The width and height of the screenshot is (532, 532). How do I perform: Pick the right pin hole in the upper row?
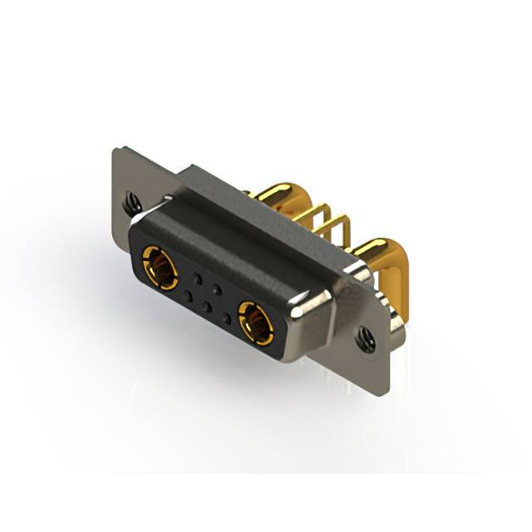pyautogui.click(x=218, y=289)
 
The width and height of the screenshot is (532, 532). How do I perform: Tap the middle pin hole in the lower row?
pyautogui.click(x=208, y=307)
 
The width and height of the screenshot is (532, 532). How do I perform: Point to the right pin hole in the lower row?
pyautogui.click(x=227, y=318)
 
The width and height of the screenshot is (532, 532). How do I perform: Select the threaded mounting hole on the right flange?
pyautogui.click(x=363, y=337)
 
